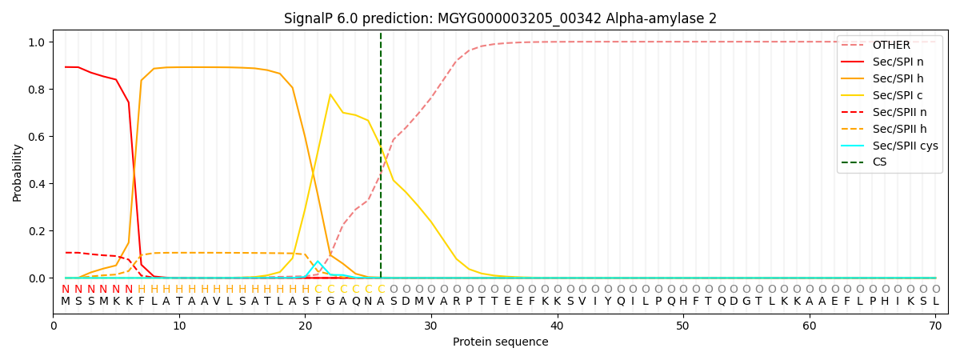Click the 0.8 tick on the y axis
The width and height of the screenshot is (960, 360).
pyautogui.click(x=38, y=89)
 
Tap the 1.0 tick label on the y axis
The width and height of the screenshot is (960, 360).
pyautogui.click(x=38, y=42)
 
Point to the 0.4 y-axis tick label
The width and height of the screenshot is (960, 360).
pyautogui.click(x=38, y=184)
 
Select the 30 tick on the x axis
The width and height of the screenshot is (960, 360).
pyautogui.click(x=431, y=326)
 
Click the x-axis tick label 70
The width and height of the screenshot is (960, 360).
pyautogui.click(x=935, y=326)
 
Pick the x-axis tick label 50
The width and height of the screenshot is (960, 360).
pyautogui.click(x=683, y=326)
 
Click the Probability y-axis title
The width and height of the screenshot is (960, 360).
pyautogui.click(x=18, y=172)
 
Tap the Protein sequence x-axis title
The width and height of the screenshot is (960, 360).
pyautogui.click(x=500, y=342)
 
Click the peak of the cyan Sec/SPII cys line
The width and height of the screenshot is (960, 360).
pyautogui.click(x=318, y=261)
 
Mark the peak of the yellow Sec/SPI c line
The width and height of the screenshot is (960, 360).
pyautogui.click(x=330, y=94)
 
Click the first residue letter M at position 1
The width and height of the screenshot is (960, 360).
pyautogui.click(x=66, y=302)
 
